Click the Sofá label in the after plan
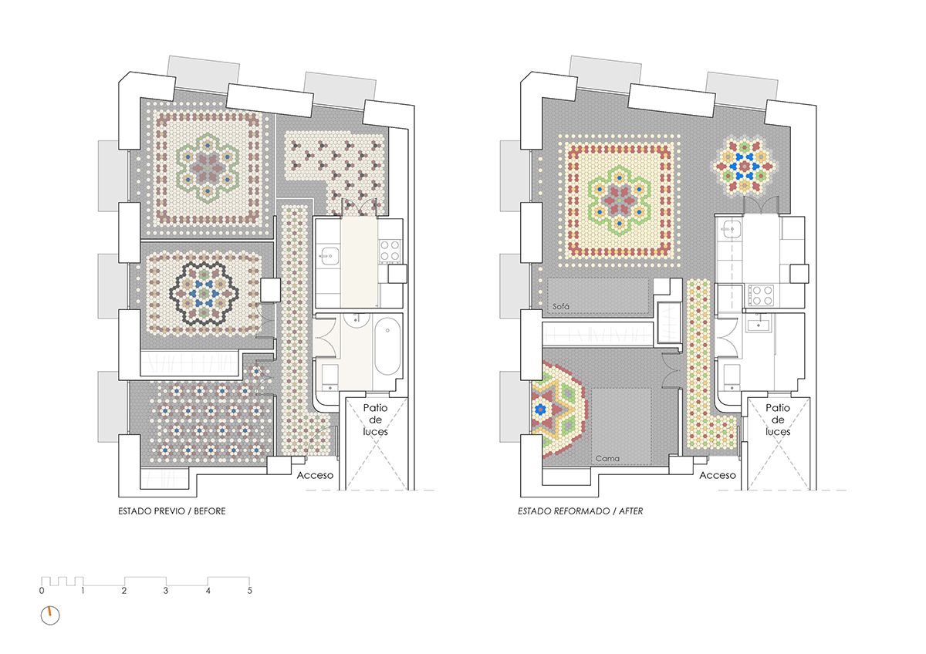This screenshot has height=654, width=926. click(560, 306)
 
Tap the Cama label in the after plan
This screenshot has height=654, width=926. click(607, 459)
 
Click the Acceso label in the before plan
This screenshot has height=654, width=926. click(315, 476)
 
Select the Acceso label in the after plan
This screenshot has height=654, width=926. click(717, 476)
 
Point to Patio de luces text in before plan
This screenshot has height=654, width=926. click(375, 420)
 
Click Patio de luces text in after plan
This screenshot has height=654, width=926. click(778, 420)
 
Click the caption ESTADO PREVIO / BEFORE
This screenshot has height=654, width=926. click(172, 511)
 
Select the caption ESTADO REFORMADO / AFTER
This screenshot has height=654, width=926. click(580, 511)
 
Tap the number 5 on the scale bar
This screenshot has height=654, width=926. click(250, 591)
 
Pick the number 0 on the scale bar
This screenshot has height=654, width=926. click(42, 591)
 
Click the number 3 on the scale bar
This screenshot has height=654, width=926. click(166, 591)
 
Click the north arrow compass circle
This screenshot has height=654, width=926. click(50, 615)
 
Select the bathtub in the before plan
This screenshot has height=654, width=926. click(387, 346)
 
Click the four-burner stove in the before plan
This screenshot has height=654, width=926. click(390, 251)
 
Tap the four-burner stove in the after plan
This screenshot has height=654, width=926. click(761, 295)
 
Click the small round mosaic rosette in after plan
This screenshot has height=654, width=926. click(745, 167)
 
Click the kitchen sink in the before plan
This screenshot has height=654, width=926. click(329, 257)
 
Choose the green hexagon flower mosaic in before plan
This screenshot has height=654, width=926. click(208, 167)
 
